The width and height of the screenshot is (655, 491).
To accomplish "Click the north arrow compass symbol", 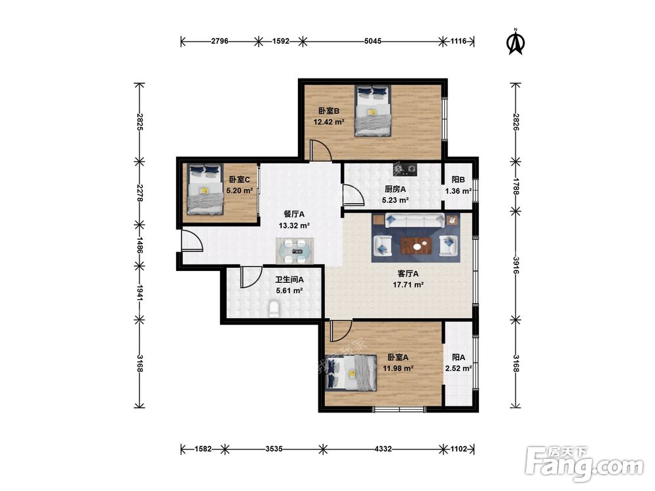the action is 516,42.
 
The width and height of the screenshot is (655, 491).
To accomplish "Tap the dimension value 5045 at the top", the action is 373,41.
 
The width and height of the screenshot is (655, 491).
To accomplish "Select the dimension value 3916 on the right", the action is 516,265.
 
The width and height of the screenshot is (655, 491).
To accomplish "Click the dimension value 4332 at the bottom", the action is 383,449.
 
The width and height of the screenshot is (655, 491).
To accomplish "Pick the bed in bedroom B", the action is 373,111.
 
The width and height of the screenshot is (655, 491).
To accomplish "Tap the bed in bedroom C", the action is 204,189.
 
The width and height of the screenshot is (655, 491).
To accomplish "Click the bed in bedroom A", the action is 351,373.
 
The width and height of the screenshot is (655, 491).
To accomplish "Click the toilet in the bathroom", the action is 274,308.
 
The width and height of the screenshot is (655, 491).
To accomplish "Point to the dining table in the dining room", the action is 295,251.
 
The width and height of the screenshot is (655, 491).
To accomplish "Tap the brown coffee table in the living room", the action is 416,245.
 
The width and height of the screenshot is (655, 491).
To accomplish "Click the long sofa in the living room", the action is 415,220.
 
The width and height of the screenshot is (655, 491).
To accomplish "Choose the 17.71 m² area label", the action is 408,285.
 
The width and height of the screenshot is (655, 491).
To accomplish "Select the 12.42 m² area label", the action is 329,122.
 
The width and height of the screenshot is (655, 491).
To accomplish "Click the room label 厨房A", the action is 395,189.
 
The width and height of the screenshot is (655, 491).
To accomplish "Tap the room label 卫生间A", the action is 289,280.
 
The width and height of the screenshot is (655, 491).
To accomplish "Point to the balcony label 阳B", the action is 458,179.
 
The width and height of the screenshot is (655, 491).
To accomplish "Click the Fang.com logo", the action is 584,464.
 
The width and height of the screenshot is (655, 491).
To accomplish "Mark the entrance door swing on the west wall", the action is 193,240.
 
